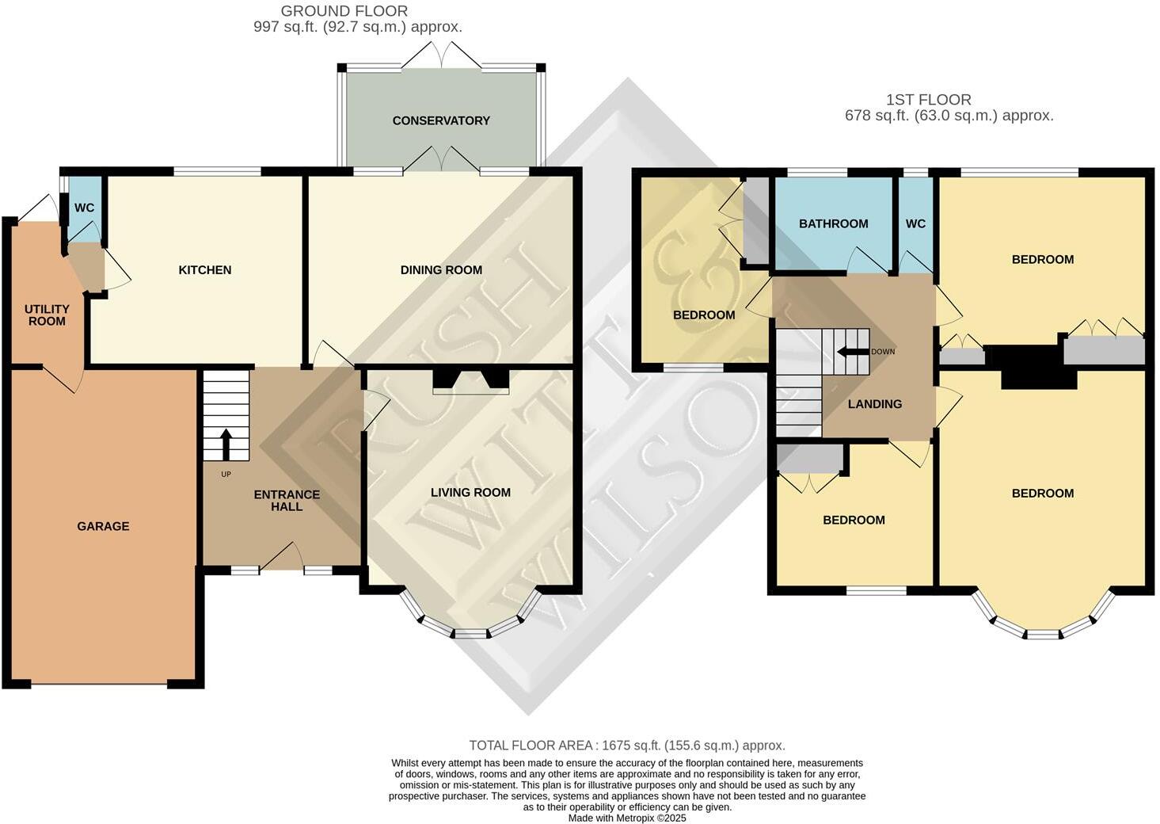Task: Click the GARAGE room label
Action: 103,526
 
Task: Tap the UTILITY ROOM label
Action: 47,315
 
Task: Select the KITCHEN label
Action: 205,270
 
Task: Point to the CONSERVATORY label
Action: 441,120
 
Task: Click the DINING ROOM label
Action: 441,270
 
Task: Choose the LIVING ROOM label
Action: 470,493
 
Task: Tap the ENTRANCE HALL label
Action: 287,500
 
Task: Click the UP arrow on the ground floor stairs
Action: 226,444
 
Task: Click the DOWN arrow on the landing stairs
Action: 853,352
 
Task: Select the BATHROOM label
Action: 833,223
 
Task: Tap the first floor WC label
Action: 915,223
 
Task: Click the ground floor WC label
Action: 84,208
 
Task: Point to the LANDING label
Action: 875,404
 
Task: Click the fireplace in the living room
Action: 470,380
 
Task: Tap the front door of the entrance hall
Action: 282,557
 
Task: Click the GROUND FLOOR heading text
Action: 344,11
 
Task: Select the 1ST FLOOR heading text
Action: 928,100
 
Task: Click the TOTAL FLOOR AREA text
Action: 627,746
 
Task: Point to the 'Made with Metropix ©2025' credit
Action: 627,818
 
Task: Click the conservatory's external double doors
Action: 441,55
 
